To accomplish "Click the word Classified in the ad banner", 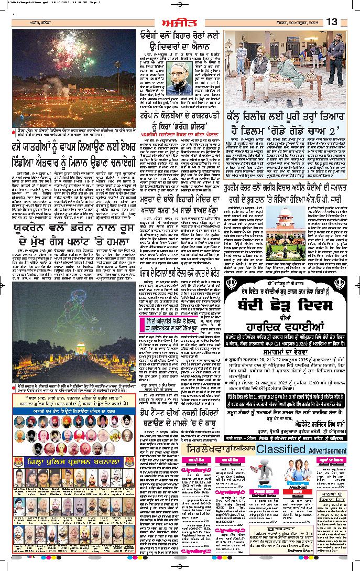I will [280, 450].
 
